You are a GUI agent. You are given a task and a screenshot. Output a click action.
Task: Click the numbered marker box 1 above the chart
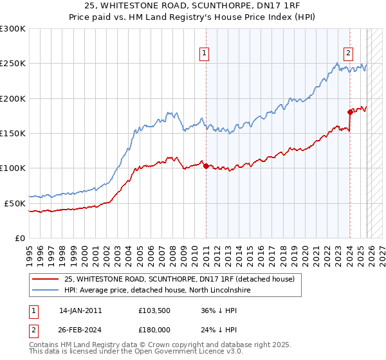[x=204, y=54]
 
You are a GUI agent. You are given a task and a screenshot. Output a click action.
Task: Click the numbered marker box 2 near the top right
[x=348, y=54]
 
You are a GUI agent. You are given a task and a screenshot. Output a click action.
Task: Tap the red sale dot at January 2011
[x=206, y=166]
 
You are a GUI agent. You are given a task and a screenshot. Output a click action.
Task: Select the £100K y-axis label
[x=13, y=168]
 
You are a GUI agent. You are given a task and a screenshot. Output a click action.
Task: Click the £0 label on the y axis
[x=19, y=238]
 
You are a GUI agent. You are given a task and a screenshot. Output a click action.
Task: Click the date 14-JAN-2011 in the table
[x=80, y=310]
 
